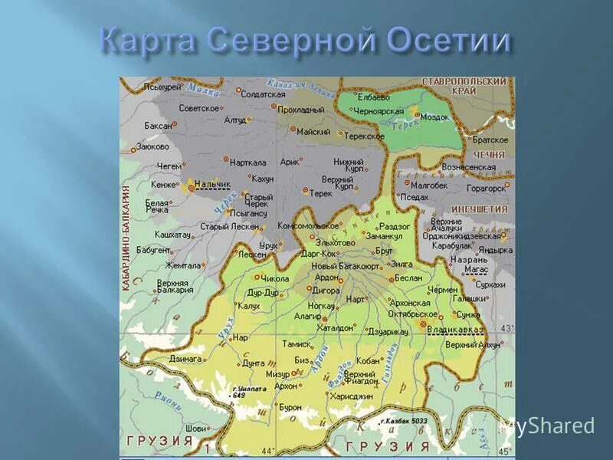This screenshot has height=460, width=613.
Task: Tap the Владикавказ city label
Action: (x=455, y=329)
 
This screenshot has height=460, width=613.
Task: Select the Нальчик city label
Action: (x=212, y=184)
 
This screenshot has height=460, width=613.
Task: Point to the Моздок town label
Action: (x=434, y=117)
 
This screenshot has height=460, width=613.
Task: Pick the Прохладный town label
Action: (x=300, y=110)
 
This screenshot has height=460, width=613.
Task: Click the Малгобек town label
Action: (x=428, y=184)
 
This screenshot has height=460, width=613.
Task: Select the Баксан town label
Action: (x=159, y=125)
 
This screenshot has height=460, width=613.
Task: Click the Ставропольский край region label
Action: (x=465, y=86)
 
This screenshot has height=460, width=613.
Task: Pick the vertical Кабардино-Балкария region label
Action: (x=125, y=238)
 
